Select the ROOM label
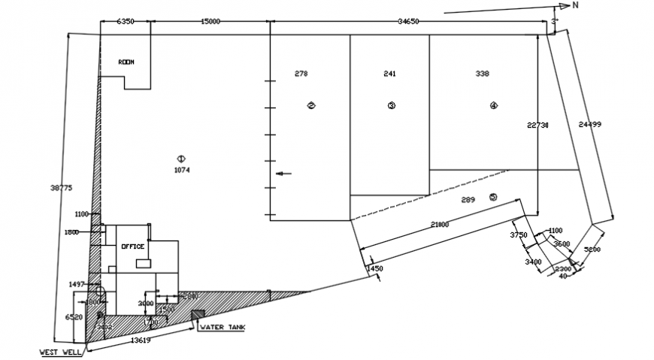[x=126, y=62]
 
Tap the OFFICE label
[x=133, y=247]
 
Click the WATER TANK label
[x=221, y=328]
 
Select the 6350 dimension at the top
[x=125, y=22]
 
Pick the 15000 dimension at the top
[x=210, y=22]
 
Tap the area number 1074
[x=181, y=171]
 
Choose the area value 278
[x=301, y=74]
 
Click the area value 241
[x=389, y=74]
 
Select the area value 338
[x=483, y=74]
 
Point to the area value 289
[x=468, y=199]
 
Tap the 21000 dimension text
[x=440, y=225]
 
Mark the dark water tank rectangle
[x=198, y=314]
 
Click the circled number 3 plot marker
[x=391, y=105]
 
